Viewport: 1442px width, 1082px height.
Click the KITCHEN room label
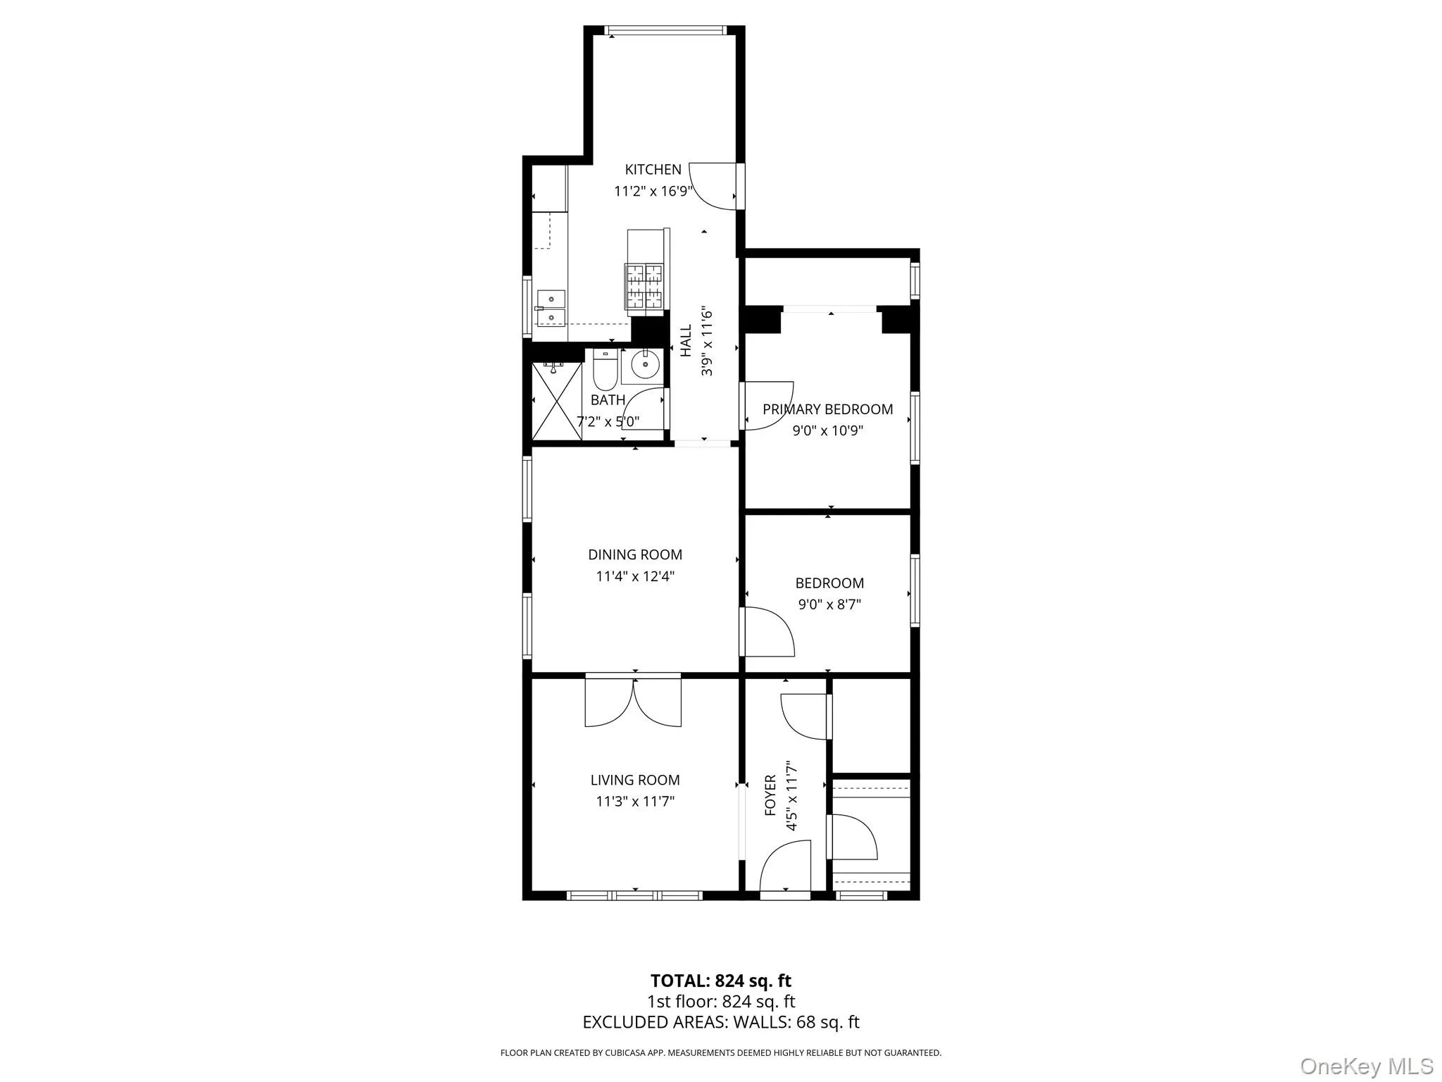pos(653,169)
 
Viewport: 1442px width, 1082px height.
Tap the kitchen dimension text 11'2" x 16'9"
pos(653,191)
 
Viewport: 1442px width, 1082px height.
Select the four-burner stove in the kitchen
pos(644,286)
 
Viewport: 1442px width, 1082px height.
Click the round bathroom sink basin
pos(644,365)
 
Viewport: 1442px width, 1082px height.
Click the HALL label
pos(686,340)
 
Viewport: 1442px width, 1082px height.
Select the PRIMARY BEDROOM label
pos(828,409)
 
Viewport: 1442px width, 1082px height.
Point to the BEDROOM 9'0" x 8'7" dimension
pos(829,604)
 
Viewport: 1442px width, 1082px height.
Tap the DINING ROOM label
pos(635,555)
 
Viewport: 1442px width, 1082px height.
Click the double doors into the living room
pos(634,702)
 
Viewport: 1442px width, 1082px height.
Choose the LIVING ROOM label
pos(635,780)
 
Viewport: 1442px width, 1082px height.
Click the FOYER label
pos(770,795)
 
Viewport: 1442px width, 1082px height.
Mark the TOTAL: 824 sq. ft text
pos(720,981)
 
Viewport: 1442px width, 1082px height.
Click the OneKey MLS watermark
pos(1367,1066)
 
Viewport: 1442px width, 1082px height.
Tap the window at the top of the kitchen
pos(665,30)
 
